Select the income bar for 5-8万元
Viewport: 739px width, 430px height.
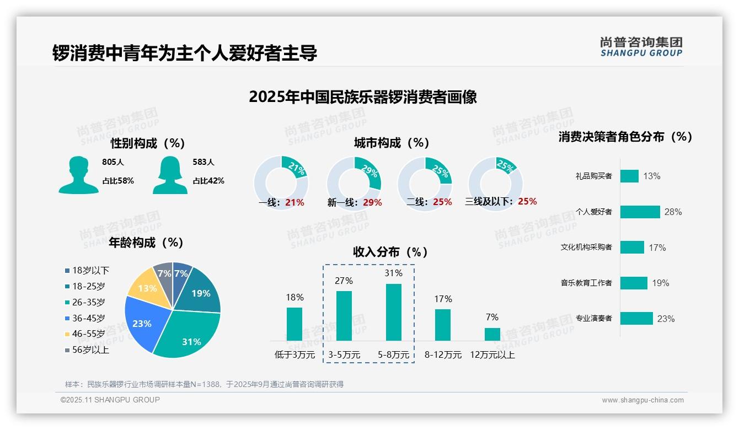pos(393,312)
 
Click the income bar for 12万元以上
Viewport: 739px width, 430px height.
pos(492,334)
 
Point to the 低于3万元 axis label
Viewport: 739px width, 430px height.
pos(294,355)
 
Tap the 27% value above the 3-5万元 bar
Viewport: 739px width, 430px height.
pos(344,281)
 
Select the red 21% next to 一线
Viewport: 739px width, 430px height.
pos(294,202)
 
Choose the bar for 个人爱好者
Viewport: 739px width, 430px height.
pos(640,212)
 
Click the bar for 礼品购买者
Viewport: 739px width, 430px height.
pos(629,176)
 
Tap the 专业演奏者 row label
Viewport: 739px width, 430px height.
pos(593,319)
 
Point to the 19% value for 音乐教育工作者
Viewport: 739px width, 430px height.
pos(660,283)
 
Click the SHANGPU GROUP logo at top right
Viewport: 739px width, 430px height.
pos(641,47)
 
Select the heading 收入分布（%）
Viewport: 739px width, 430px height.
pos(390,252)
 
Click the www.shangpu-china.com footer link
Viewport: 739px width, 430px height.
pos(642,400)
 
